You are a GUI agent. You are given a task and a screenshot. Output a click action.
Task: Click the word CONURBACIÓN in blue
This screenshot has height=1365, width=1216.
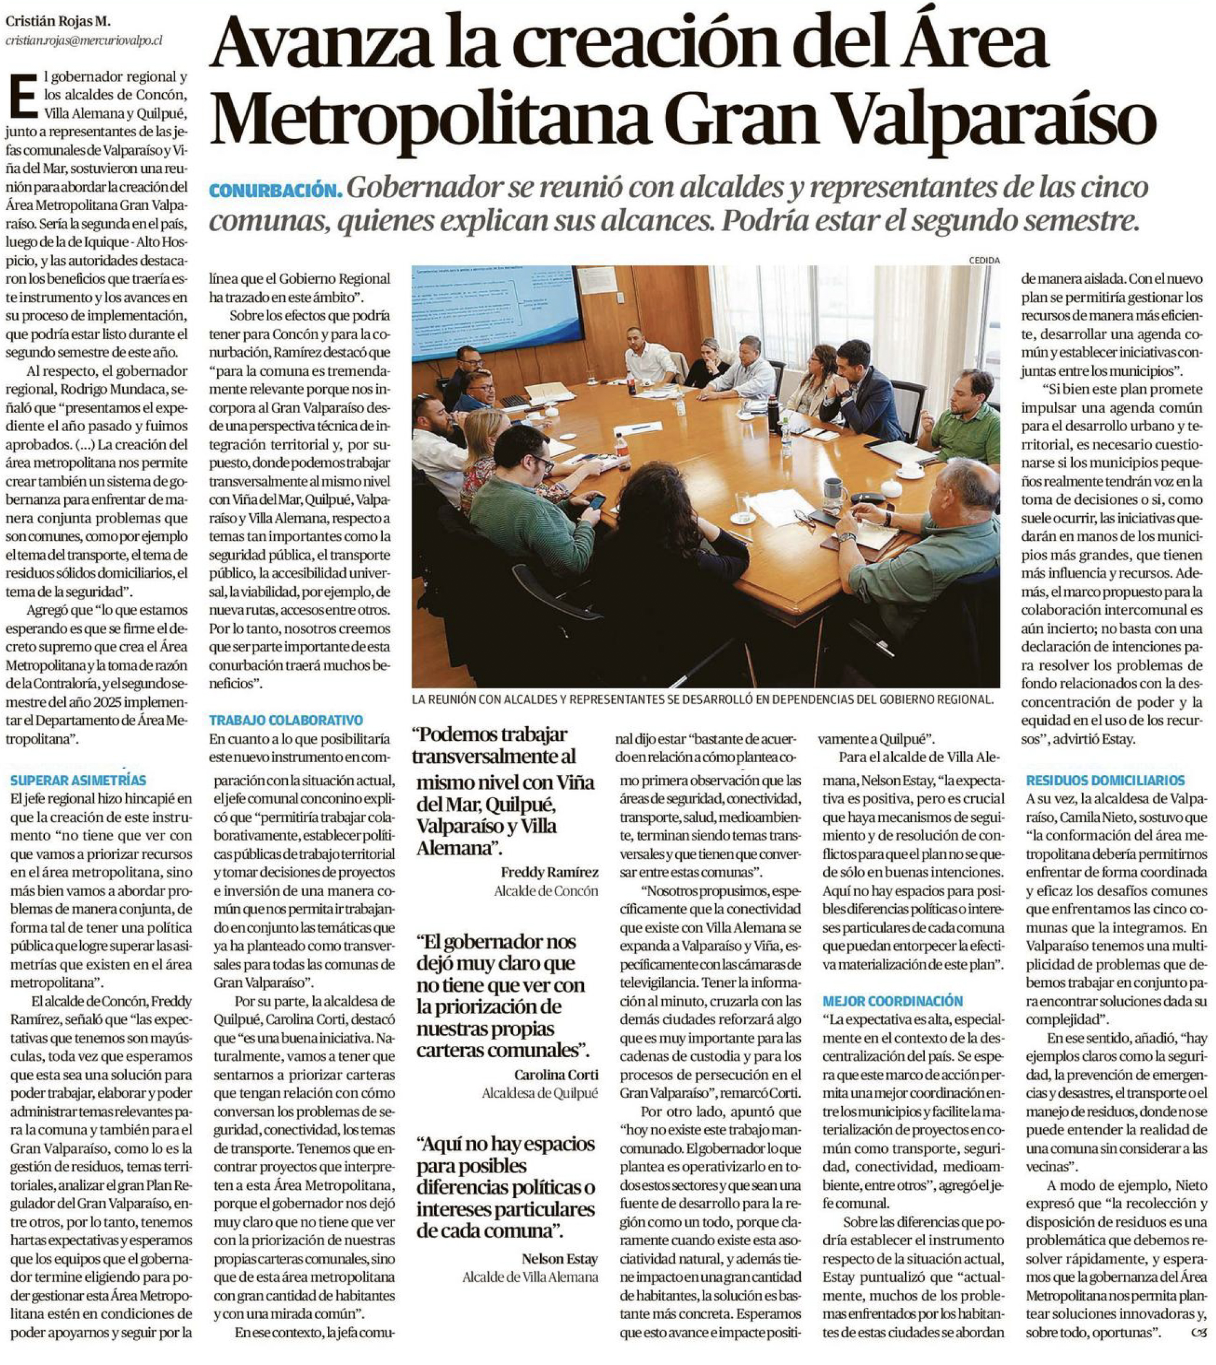click(275, 191)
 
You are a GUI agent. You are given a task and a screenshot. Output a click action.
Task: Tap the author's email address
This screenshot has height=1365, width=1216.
click(84, 41)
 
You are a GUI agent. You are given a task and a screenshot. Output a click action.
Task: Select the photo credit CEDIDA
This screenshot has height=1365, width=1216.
click(984, 260)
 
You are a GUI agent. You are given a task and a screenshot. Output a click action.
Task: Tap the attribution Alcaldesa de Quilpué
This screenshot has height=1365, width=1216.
click(540, 1093)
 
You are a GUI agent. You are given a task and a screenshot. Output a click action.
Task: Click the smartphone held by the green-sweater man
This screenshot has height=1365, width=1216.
click(597, 501)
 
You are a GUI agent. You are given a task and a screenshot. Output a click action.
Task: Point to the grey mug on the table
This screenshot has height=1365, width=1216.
click(833, 491)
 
